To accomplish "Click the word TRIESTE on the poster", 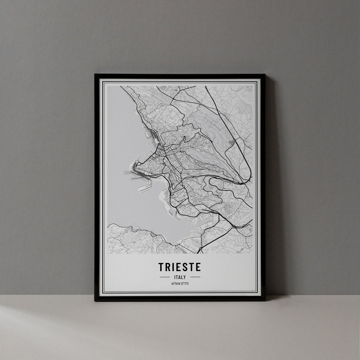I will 180,267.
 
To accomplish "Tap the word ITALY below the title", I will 180,277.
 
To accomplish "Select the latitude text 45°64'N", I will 175,284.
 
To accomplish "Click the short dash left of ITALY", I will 165,277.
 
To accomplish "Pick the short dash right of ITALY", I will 195,277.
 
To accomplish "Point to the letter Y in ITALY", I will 185,277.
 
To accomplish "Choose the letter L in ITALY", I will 182,277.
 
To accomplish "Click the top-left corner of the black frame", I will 95,75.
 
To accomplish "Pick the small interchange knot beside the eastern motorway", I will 231,143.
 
